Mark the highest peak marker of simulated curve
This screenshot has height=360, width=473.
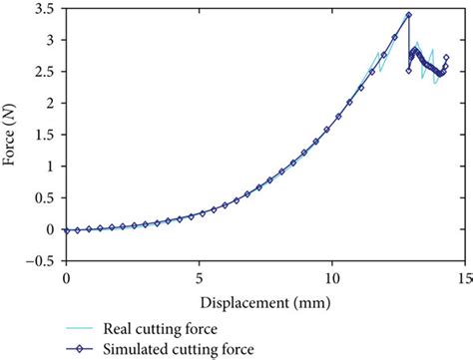408,15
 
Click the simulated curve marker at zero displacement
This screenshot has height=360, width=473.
66,230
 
